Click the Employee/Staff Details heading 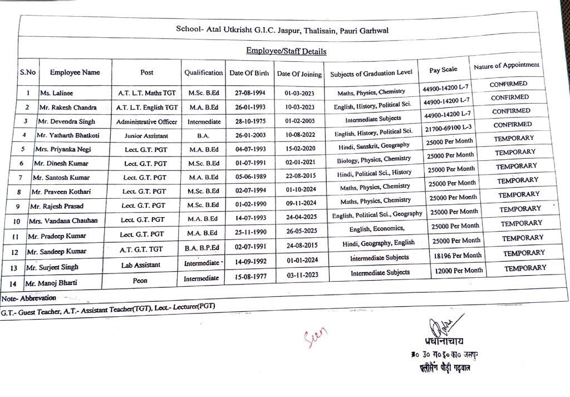click(x=286, y=51)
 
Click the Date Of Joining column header click(x=299, y=73)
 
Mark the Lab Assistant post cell click(x=141, y=266)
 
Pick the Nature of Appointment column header click(x=507, y=66)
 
